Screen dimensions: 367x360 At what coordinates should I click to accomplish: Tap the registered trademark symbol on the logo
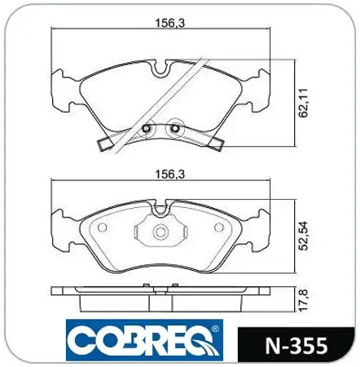215,329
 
